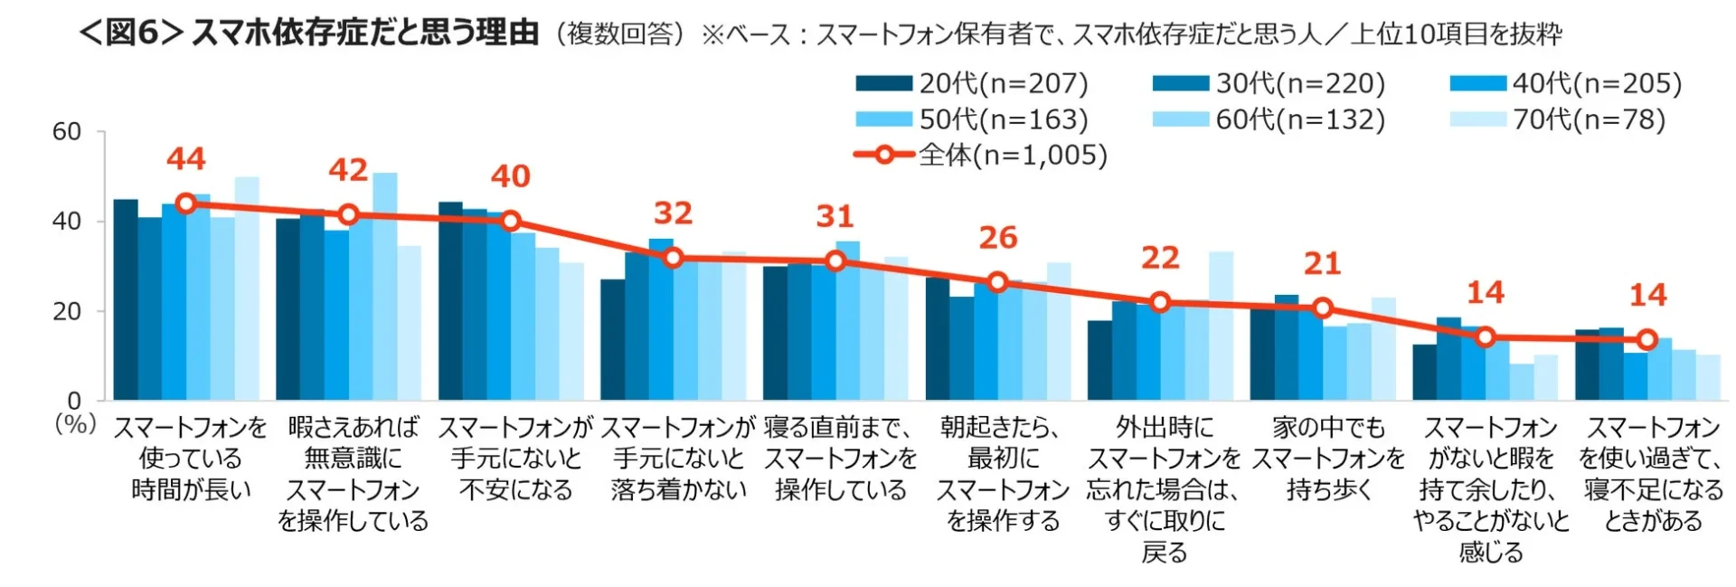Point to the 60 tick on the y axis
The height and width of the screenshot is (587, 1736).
(67, 132)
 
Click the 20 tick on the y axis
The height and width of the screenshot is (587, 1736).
(67, 311)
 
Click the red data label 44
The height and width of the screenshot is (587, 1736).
(186, 159)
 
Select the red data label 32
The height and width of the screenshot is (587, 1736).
(673, 213)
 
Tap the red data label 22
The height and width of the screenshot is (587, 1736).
(1160, 259)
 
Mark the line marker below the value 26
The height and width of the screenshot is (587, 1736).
(997, 282)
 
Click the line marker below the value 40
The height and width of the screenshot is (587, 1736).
(511, 220)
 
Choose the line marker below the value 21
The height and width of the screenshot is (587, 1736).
(1323, 308)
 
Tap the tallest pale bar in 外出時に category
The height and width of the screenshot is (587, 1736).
(1221, 326)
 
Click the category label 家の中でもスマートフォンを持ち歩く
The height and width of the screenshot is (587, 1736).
(1328, 458)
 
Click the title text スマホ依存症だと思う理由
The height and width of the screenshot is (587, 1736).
(365, 33)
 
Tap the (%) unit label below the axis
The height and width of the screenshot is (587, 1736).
(76, 423)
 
